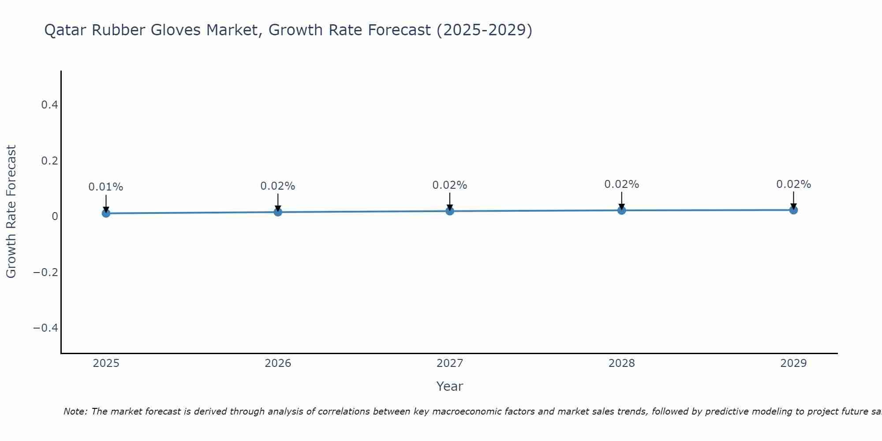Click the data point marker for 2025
coord(106,213)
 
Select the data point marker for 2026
coord(278,212)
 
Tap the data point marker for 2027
coord(450,211)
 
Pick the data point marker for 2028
coord(622,210)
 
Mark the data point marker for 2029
coord(793,210)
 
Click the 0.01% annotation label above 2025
coord(106,187)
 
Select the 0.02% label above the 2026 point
coord(278,186)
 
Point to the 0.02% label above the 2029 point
coord(793,184)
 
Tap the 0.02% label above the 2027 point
coord(450,185)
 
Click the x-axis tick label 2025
coord(106,363)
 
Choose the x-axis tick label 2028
coord(622,363)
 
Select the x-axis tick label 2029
coord(793,363)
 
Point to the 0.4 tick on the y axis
coord(49,105)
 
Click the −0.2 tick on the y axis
coord(46,272)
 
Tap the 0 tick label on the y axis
coord(55,217)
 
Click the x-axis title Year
coord(449,386)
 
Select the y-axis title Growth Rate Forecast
coord(11,212)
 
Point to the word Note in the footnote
coord(75,411)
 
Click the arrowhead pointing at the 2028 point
coord(622,206)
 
